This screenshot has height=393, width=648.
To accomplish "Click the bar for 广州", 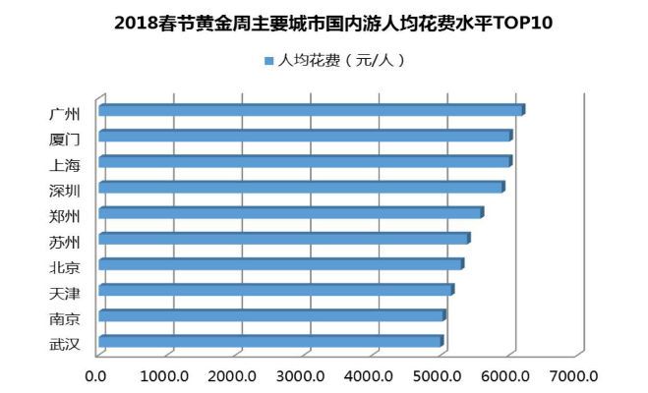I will coord(311,110).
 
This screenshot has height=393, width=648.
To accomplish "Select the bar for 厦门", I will coord(305,136).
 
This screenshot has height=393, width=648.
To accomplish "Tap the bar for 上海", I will coord(305,161).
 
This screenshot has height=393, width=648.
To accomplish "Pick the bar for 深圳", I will coord(301,187).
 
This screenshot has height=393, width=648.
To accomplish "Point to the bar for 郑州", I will coord(290,212).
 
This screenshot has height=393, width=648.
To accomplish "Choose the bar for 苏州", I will coord(283,238).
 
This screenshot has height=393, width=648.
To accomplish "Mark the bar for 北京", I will coord(280,264).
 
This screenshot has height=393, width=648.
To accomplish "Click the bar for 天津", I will coord(275,290).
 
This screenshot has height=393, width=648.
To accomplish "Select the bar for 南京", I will coord(271,315).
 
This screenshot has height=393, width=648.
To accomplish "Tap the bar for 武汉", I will coord(270,341).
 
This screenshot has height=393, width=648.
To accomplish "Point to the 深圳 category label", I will coord(64,188).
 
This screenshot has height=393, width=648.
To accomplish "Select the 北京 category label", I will coord(64,265).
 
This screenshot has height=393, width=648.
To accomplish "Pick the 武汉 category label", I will coord(64,343).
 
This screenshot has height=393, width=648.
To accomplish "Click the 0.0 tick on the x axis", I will coord(95,375).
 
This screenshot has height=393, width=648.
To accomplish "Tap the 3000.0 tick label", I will coord(302,375).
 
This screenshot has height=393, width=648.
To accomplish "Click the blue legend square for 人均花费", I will coord(267,61).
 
